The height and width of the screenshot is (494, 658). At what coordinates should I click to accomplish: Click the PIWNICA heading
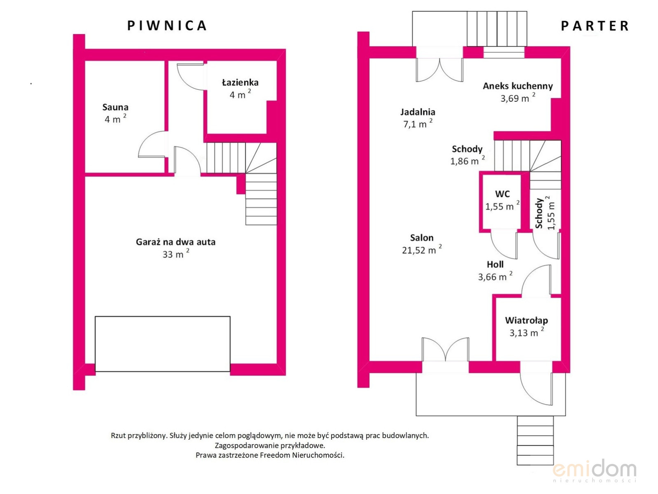[x=167, y=26]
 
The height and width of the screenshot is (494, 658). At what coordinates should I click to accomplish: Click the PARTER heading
[x=595, y=26]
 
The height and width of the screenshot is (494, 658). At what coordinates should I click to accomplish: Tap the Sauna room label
[x=115, y=107]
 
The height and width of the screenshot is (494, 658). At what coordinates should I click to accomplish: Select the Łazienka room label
[x=240, y=82]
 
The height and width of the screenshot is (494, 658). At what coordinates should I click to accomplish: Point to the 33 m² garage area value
[x=176, y=254]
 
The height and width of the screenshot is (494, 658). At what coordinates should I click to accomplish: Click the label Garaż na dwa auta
[x=176, y=242]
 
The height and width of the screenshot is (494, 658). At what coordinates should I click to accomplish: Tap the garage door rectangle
[x=163, y=344]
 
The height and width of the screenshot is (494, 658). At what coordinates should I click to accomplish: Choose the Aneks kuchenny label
[x=518, y=86]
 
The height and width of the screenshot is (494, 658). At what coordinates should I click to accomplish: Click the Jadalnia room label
[x=418, y=112]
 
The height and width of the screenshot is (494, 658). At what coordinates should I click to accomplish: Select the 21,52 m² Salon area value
[x=422, y=250]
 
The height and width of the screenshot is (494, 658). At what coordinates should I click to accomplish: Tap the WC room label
[x=502, y=194]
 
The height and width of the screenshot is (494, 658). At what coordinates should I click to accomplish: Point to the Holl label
[x=495, y=264]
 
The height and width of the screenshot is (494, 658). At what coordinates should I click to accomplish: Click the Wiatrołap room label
[x=526, y=320]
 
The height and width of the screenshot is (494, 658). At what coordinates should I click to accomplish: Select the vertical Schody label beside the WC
[x=539, y=213]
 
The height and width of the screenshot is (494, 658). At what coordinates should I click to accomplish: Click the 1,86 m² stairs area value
[x=467, y=161]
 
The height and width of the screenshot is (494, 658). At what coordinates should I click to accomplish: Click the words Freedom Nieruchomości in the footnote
[x=302, y=455]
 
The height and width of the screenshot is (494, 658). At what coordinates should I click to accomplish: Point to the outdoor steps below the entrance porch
[x=535, y=440]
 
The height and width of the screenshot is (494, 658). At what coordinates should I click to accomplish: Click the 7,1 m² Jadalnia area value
[x=418, y=124]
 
